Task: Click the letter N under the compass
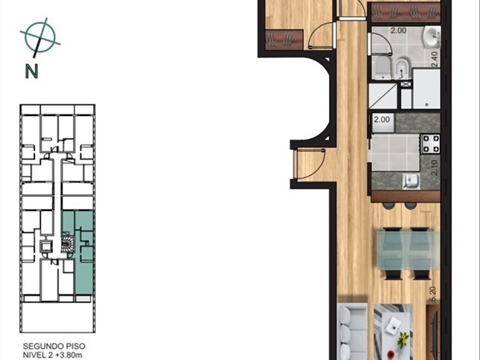point(31,71)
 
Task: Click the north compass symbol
point(40,37)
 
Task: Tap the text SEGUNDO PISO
point(54,346)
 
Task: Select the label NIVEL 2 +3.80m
point(53,355)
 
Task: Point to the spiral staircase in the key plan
point(67,243)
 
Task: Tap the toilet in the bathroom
point(382,67)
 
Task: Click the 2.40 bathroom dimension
point(435,60)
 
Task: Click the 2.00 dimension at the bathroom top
point(398,30)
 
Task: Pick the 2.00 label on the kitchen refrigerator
point(382,120)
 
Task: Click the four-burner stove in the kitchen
point(431,144)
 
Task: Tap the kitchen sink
point(412,181)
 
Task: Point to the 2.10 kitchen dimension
point(435,167)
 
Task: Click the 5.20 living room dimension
point(433,295)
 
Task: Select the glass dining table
point(408,251)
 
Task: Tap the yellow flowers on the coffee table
point(404,338)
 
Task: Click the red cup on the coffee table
point(390,355)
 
